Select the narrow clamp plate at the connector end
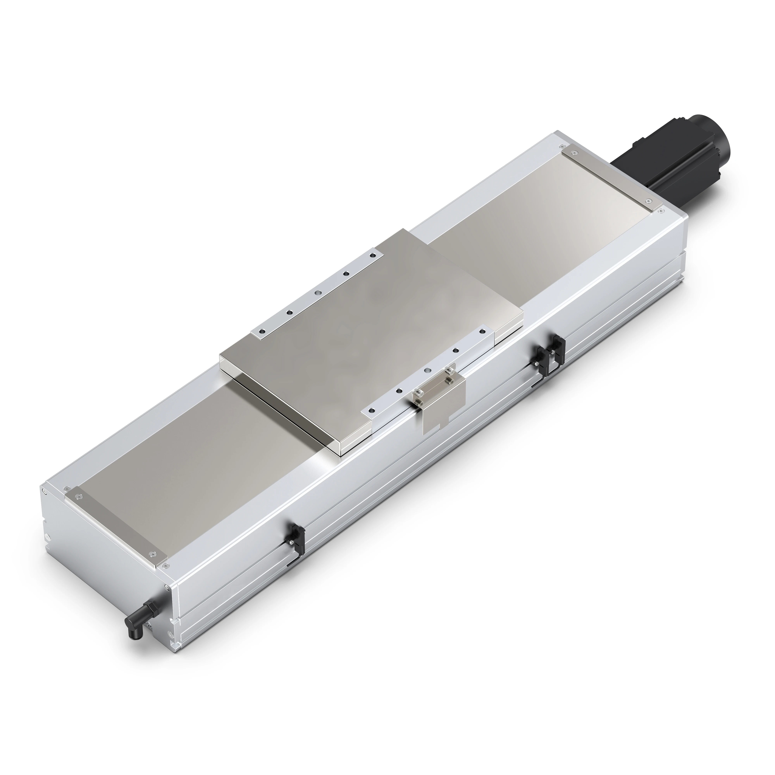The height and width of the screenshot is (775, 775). pos(116,525)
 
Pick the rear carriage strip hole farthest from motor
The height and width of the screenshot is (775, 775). pos(262,331)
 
